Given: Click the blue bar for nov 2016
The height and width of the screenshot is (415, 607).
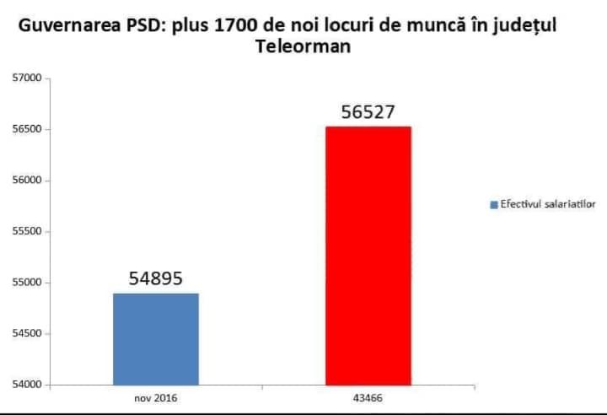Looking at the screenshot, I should [x=156, y=338].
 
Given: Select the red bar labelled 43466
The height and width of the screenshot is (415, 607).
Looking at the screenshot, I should [x=368, y=256].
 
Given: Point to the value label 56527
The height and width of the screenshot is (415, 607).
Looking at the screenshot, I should [x=368, y=112].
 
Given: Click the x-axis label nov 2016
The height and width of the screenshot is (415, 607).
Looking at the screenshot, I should [x=156, y=396].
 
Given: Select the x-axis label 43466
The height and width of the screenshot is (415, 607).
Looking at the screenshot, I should [x=368, y=396].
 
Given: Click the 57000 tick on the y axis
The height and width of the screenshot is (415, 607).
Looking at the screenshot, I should [x=26, y=78].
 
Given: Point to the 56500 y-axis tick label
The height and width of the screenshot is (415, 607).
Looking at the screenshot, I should [x=26, y=130].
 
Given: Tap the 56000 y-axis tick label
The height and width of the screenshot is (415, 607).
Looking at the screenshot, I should [x=26, y=181].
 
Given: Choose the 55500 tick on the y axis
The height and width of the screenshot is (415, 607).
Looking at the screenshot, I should [x=26, y=232].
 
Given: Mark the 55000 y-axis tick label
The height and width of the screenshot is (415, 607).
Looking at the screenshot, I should [x=26, y=283].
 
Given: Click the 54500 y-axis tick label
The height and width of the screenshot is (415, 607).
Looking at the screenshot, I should [x=26, y=334].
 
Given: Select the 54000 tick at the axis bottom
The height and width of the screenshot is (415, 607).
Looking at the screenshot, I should [x=26, y=385].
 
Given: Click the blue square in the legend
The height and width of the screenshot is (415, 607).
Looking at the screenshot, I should [x=494, y=205].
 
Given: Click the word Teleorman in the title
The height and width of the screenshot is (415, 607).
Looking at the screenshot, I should [x=303, y=48].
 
